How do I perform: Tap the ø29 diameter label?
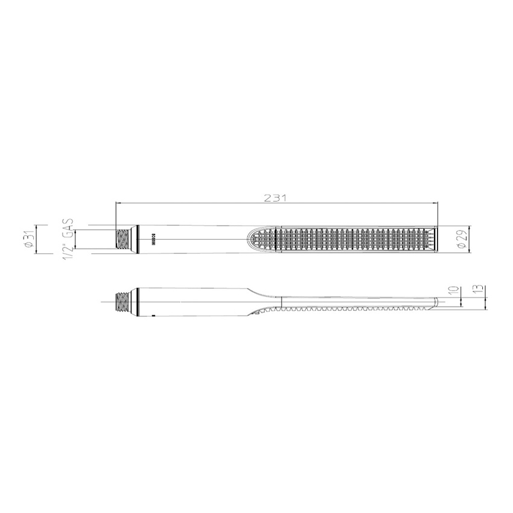coord(462,240)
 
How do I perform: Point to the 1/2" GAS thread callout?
coord(69,240)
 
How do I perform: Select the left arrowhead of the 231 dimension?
coord(118,204)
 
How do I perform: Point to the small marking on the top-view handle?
coord(153,240)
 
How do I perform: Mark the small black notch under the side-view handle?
coord(153,314)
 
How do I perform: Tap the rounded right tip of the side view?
coord(436,302)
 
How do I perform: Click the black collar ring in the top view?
coord(139,240)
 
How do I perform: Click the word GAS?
coord(69,227)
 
